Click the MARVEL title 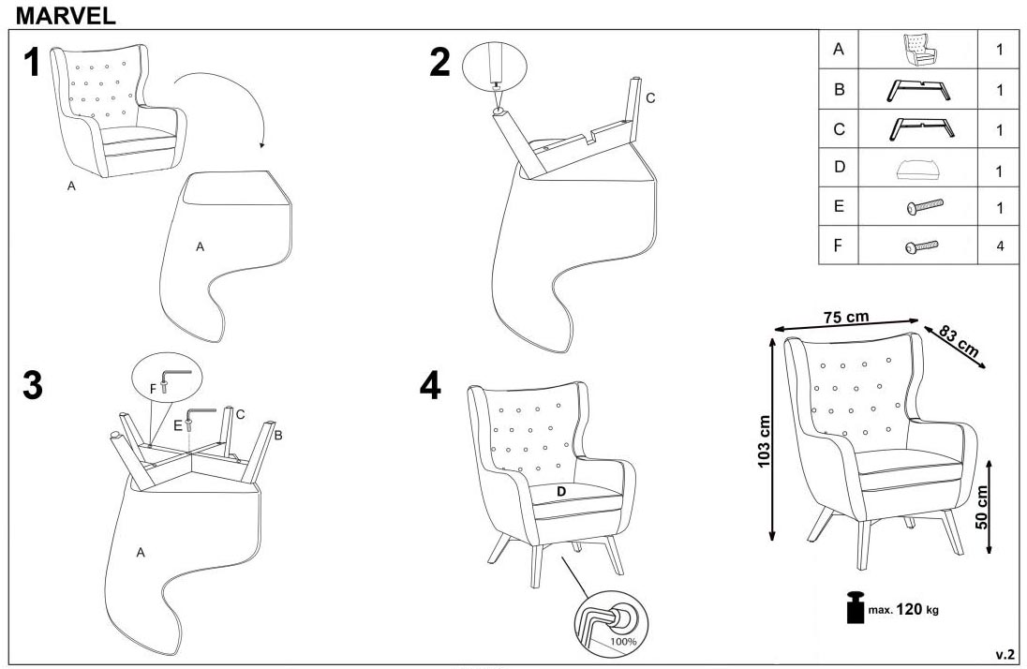[66, 15]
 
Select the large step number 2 [439, 62]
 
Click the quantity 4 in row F [1000, 246]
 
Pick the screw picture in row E [924, 206]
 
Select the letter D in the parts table [839, 167]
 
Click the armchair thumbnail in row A [919, 49]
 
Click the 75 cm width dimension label [846, 317]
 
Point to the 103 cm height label [764, 442]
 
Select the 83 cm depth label [959, 341]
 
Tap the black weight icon [856, 606]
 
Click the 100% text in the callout [623, 642]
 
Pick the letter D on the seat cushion [561, 491]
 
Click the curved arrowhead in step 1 [262, 145]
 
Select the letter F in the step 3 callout [153, 389]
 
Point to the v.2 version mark [1005, 655]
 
